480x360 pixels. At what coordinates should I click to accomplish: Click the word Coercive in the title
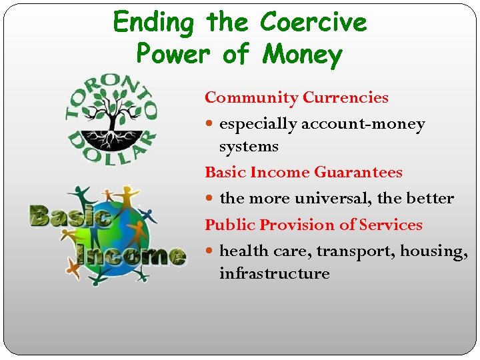(x=313, y=23)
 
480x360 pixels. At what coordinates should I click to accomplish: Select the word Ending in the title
(x=153, y=23)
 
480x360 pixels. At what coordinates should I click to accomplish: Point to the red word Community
(x=251, y=98)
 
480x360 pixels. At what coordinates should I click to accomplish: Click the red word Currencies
(x=345, y=98)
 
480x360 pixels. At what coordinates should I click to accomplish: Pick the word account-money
(x=363, y=124)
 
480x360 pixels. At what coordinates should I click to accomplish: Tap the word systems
(x=249, y=146)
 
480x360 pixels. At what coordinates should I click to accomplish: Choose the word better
(x=430, y=199)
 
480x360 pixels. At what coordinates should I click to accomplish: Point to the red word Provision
(x=290, y=225)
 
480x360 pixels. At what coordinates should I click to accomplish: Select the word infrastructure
(x=275, y=274)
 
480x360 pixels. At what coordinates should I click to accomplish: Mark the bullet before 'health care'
(x=211, y=251)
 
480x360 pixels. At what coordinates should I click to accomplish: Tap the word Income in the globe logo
(x=131, y=254)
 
